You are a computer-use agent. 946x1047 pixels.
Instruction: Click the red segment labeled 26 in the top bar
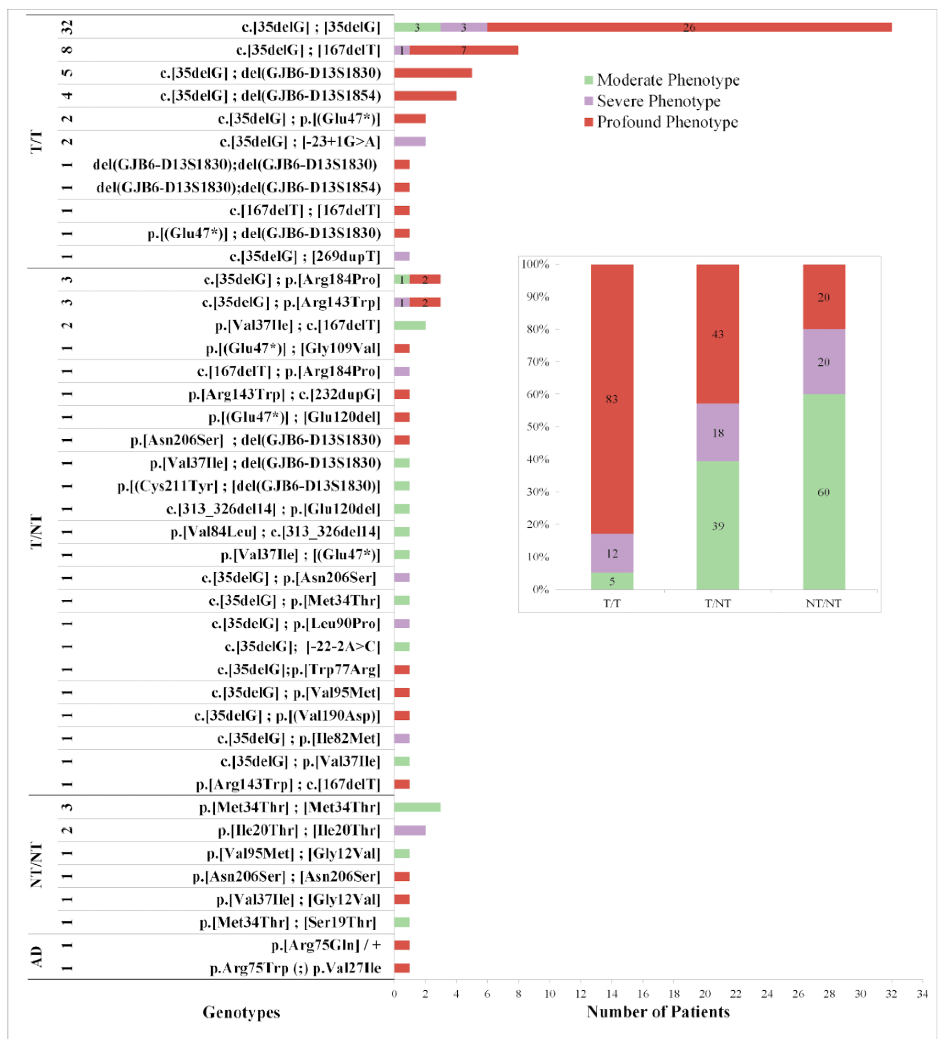pyautogui.click(x=688, y=27)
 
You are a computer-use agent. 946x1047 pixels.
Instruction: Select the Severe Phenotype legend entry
pyautogui.click(x=658, y=101)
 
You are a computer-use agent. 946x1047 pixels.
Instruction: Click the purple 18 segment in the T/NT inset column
pyautogui.click(x=717, y=433)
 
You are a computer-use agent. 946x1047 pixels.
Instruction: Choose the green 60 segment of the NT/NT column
pyautogui.click(x=823, y=492)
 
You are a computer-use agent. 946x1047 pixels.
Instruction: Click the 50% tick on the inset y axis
pyautogui.click(x=538, y=427)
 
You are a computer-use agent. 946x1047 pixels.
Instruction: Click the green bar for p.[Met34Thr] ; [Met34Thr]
pyautogui.click(x=417, y=807)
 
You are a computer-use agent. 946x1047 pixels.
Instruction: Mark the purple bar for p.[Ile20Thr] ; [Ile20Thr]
pyautogui.click(x=409, y=830)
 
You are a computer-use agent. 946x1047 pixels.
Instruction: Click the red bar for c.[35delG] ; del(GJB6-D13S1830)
pyautogui.click(x=432, y=73)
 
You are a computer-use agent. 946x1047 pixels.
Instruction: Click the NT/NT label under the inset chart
pyautogui.click(x=823, y=603)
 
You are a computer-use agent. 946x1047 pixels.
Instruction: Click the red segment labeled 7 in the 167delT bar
pyautogui.click(x=464, y=50)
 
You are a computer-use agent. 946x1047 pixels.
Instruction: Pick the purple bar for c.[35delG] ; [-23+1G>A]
pyautogui.click(x=409, y=141)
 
